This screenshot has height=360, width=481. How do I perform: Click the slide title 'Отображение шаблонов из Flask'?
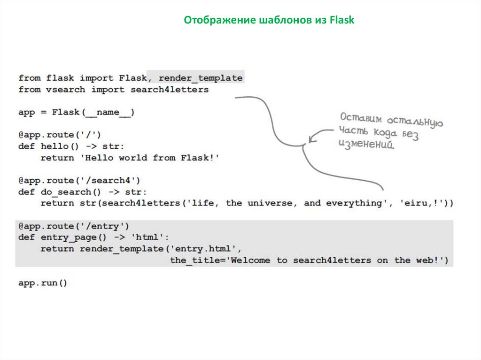coord(269,20)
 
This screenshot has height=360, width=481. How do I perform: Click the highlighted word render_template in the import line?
coord(201,78)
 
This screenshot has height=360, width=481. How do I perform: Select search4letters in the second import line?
coord(170,89)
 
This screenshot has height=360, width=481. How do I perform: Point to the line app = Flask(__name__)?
coord(77,112)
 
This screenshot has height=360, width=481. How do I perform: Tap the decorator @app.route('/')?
coord(60,135)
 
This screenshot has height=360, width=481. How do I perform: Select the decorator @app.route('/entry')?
coord(74,226)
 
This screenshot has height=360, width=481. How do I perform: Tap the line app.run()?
coord(43,283)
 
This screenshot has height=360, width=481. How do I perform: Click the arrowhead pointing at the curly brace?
coord(311,139)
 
